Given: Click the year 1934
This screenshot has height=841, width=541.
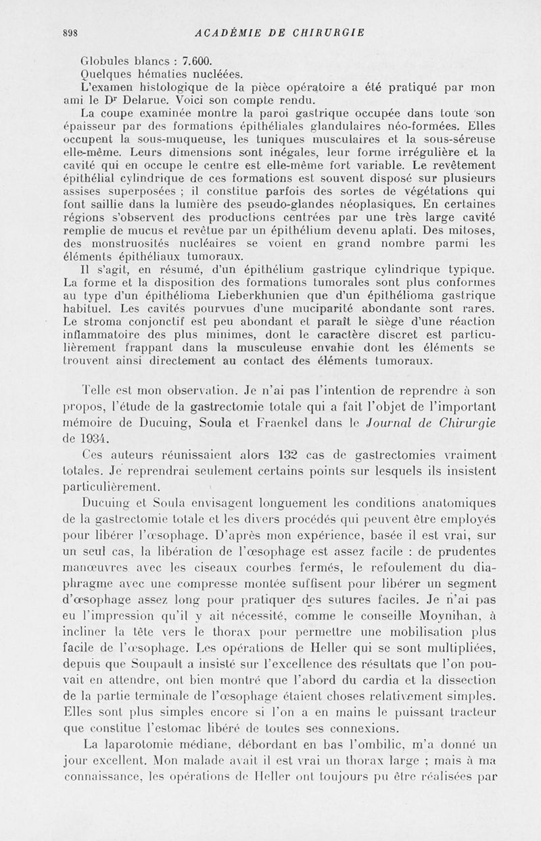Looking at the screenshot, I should tap(100, 438).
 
